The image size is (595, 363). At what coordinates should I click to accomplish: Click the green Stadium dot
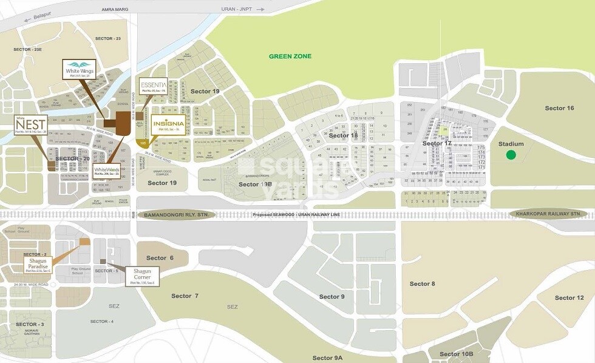point(511,155)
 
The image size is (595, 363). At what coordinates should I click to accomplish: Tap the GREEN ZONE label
point(290,56)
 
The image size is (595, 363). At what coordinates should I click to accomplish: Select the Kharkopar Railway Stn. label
point(548,214)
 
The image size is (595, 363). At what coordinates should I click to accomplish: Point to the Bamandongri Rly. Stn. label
point(175,215)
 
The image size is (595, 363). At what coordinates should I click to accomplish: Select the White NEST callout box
point(30,125)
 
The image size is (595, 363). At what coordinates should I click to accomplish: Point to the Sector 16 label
point(559,108)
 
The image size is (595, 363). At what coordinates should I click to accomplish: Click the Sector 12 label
point(569,297)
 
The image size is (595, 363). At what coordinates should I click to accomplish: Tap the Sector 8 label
point(422,283)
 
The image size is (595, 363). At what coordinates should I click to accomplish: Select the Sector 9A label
point(327,358)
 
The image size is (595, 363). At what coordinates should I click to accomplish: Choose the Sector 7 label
point(185,296)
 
